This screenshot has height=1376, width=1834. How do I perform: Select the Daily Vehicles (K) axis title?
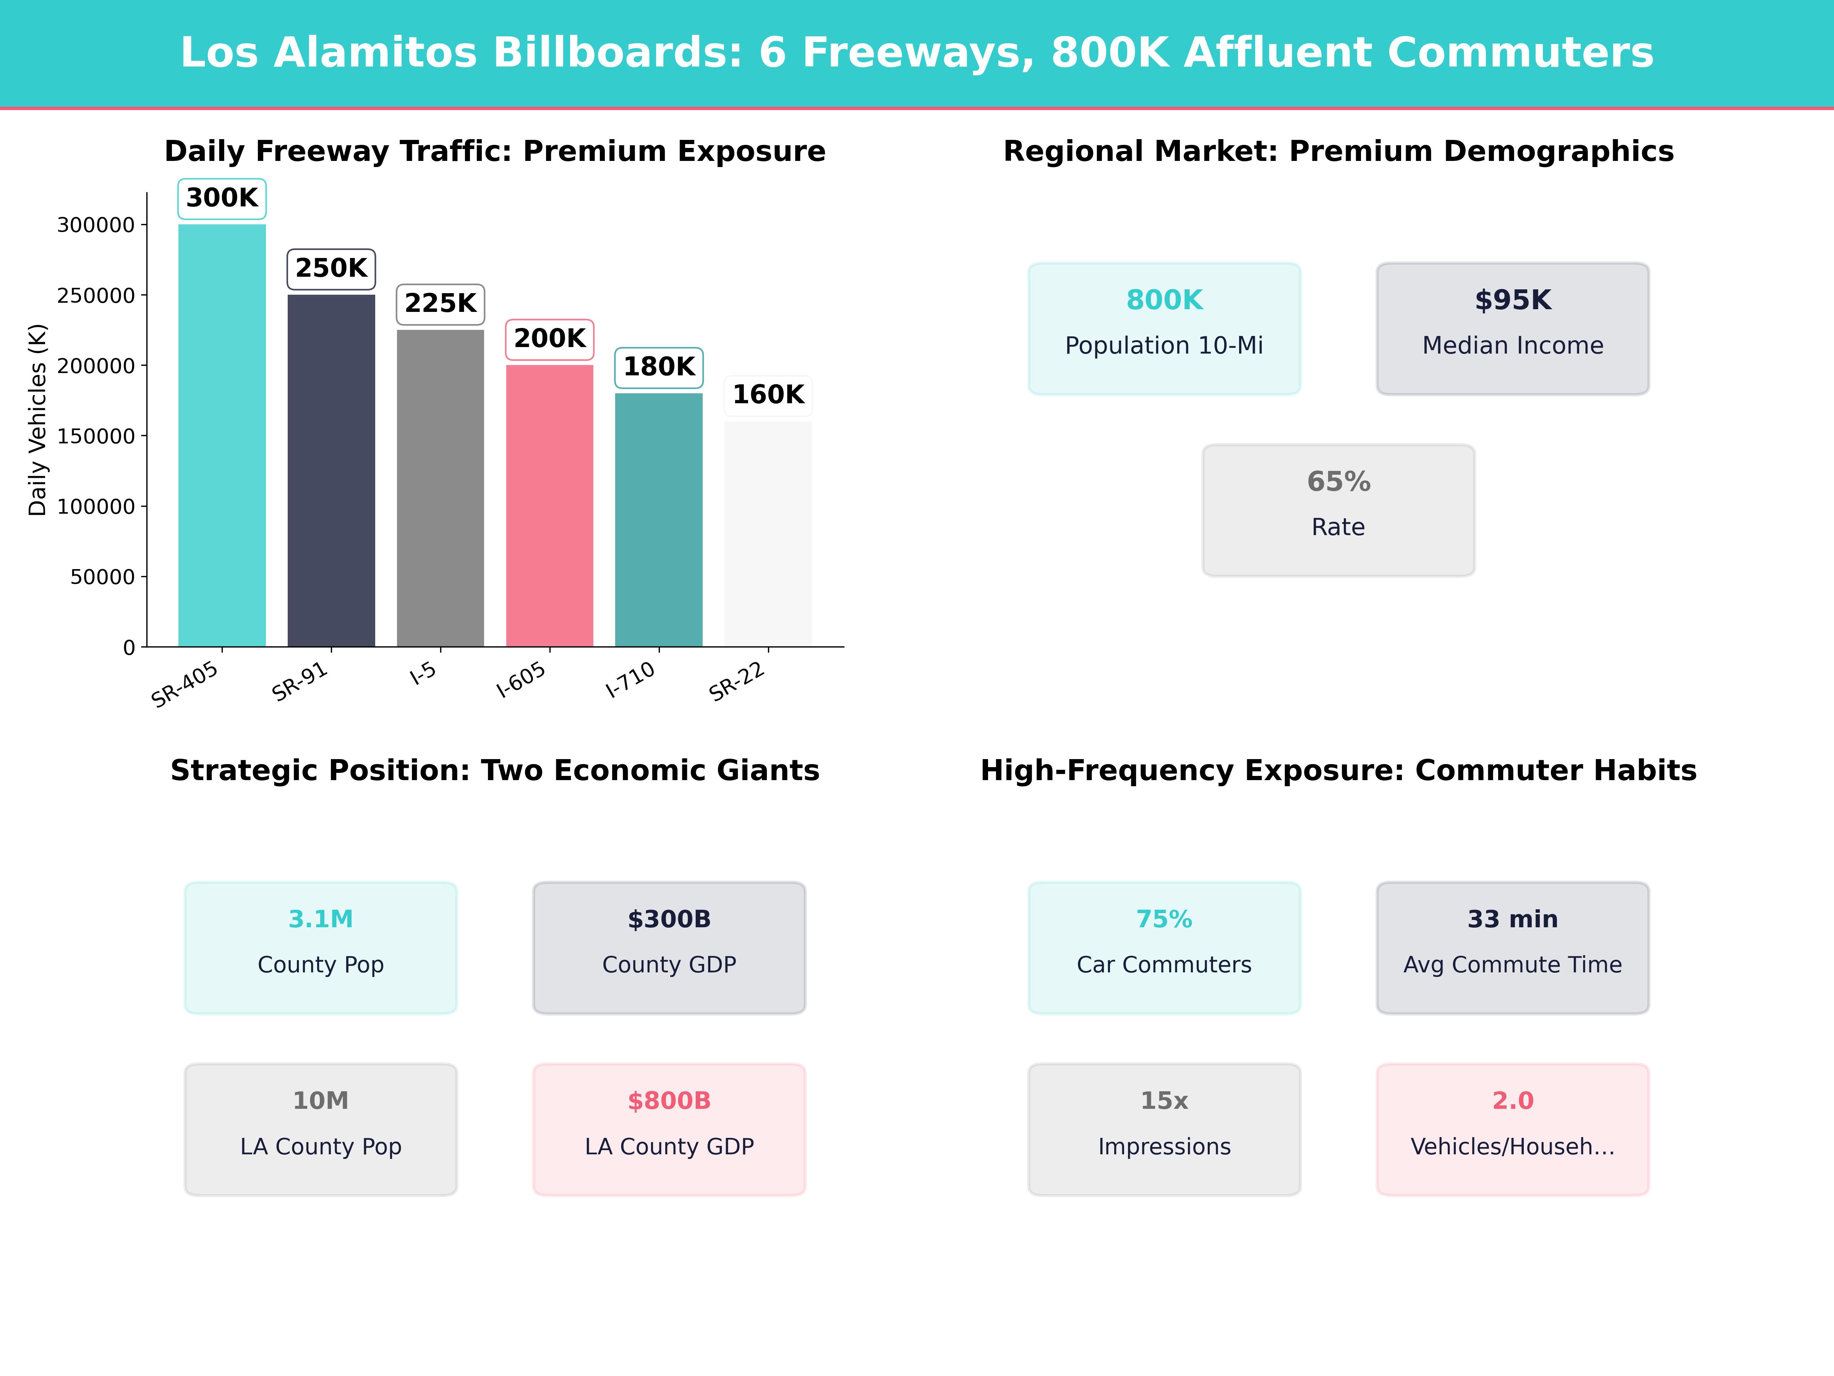pyautogui.click(x=37, y=420)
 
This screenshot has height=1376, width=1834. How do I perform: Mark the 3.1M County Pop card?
pyautogui.click(x=321, y=947)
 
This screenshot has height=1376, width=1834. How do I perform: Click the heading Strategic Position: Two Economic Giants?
pyautogui.click(x=495, y=771)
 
